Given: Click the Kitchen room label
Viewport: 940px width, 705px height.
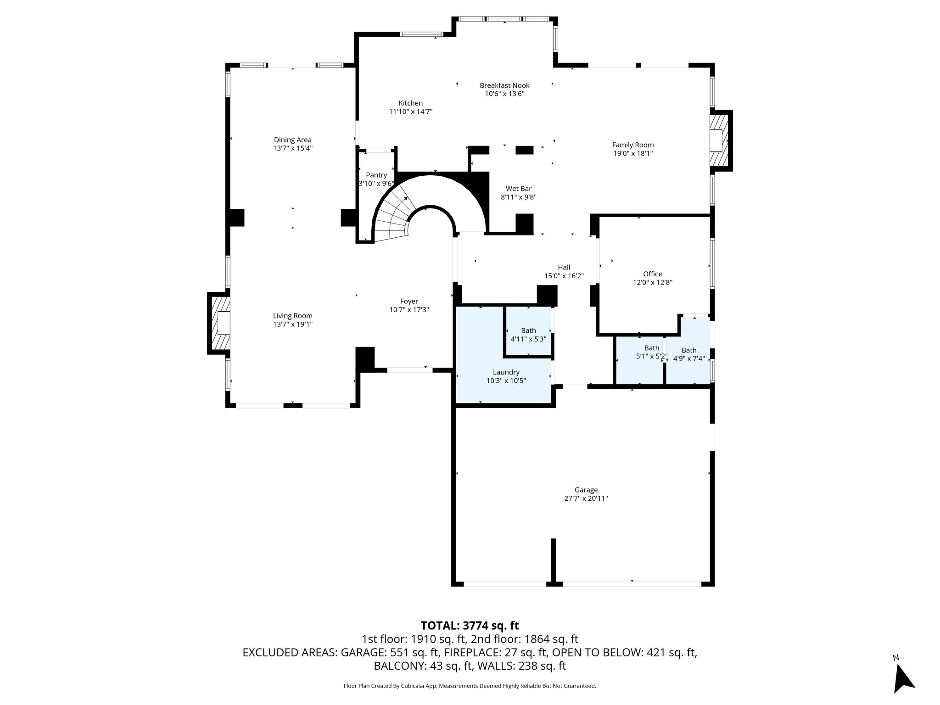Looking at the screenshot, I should (410, 103).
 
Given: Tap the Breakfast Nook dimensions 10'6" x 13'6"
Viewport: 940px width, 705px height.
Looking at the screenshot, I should (504, 94).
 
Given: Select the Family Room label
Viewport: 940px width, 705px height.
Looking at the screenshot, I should (632, 145).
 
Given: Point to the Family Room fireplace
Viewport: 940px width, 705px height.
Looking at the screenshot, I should (719, 140).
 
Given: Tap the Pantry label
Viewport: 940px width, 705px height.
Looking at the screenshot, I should (376, 175).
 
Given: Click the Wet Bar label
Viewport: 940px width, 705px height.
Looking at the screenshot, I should (518, 189).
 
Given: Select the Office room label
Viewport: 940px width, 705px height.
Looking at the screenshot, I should (652, 274).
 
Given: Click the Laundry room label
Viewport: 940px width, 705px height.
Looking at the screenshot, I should (506, 372).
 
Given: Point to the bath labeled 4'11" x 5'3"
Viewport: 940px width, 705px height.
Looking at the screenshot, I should (528, 335).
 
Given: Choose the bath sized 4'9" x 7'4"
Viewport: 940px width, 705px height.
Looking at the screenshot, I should (688, 354).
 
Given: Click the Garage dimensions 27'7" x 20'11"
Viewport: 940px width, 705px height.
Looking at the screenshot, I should (586, 498).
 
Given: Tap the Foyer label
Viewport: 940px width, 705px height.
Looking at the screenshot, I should (408, 302).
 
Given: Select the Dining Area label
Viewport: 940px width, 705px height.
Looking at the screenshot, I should (292, 140).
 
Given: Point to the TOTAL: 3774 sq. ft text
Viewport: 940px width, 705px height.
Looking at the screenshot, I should (470, 626).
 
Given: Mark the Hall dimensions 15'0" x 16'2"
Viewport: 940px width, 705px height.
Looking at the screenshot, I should (564, 276).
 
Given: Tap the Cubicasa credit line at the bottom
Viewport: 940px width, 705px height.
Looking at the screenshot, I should (470, 686).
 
